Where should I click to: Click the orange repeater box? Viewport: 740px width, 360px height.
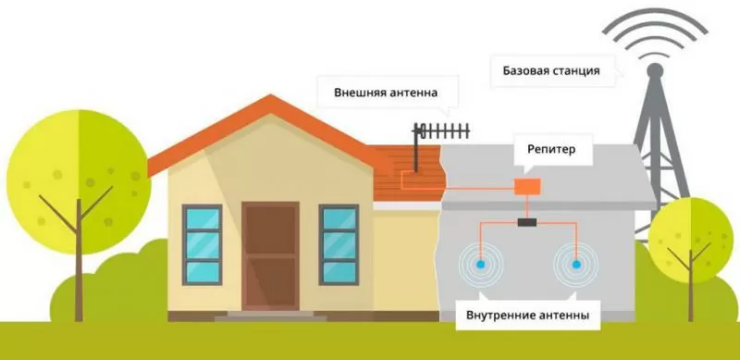point(527,185)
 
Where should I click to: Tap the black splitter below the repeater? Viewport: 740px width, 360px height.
point(528,222)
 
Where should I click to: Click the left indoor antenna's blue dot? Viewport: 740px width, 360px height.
point(481,265)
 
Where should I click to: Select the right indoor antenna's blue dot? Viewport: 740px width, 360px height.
point(575,265)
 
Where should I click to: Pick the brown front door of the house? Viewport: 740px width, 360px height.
point(271,255)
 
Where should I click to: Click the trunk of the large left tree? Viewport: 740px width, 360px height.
point(77,250)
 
